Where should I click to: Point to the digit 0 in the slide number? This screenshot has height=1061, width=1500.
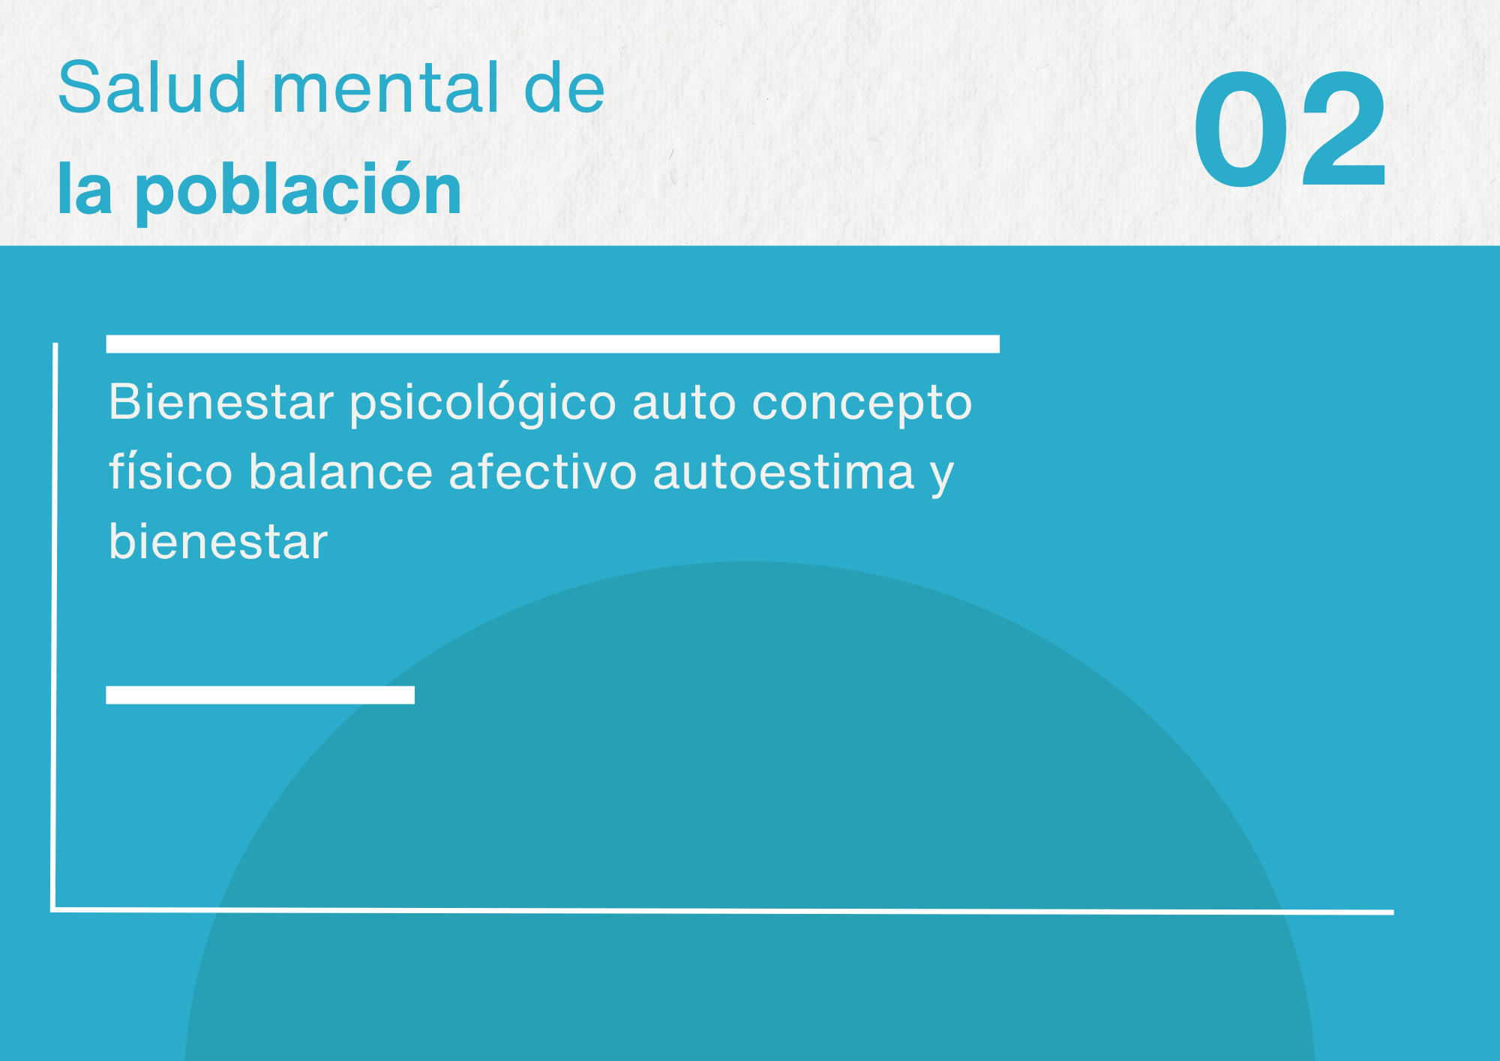(x=1241, y=128)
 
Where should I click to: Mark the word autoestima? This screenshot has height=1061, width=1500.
(x=784, y=473)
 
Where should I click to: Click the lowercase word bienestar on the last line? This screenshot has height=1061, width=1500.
(x=218, y=541)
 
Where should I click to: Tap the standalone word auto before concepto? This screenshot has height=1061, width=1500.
(x=684, y=404)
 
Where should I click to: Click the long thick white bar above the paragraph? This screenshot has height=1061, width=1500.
(x=553, y=344)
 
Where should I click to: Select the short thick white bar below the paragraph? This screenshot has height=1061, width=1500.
(x=260, y=695)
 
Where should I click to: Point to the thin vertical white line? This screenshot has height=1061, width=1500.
(x=55, y=627)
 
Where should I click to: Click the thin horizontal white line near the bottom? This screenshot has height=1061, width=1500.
(x=722, y=911)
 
